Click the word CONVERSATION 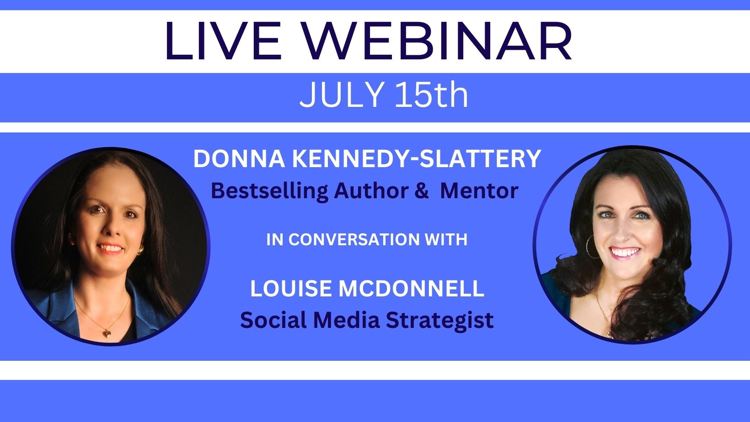354,239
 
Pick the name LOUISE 292,288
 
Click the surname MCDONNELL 412,288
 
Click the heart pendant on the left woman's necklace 107,333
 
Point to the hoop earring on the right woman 592,247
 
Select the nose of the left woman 109,229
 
